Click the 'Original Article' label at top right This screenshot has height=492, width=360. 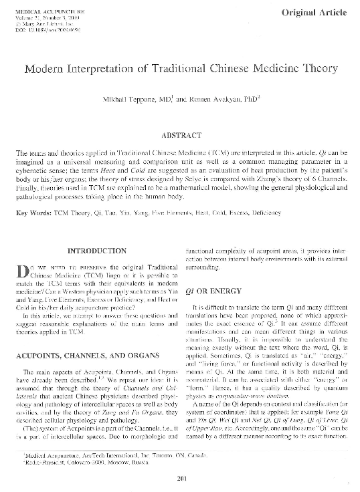coord(317,12)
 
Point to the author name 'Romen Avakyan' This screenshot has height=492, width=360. coord(202,100)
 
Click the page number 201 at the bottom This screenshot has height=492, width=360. coord(180,477)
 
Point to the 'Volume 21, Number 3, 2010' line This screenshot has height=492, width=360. coord(48,18)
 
